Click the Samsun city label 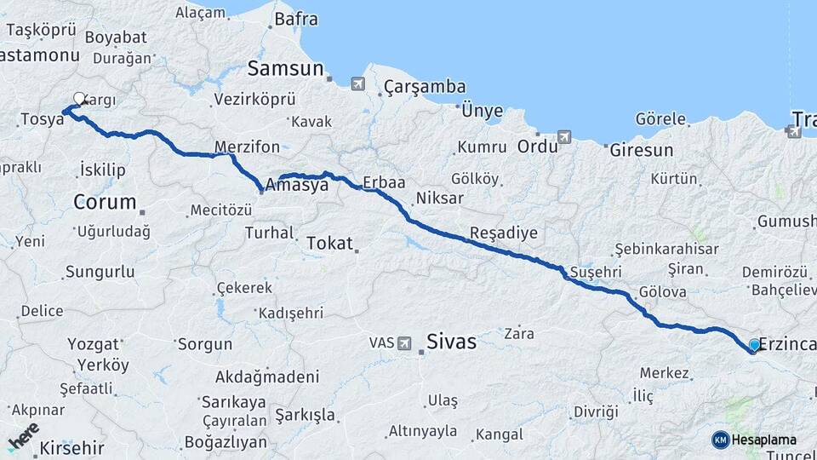click(x=285, y=70)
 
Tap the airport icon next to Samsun click(x=357, y=83)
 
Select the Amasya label click(x=296, y=185)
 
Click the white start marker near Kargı click(x=79, y=99)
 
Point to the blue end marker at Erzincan click(x=754, y=345)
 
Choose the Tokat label click(x=329, y=244)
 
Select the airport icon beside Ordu click(x=564, y=137)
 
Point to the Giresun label click(x=641, y=151)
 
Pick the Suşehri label click(x=596, y=271)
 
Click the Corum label click(x=105, y=203)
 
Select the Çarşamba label click(x=425, y=87)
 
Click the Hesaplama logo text click(x=764, y=440)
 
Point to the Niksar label click(x=439, y=198)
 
